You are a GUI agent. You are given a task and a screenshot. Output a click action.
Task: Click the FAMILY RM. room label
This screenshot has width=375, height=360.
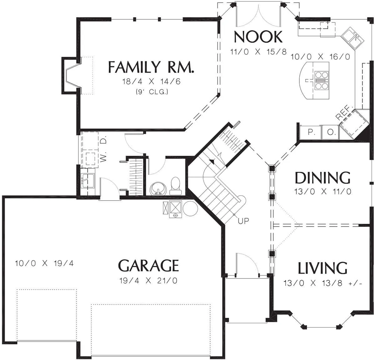[x=151, y=67]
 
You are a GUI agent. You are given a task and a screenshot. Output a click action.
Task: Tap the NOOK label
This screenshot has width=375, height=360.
[x=258, y=37]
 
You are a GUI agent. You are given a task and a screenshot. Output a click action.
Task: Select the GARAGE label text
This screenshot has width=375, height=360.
[x=148, y=265]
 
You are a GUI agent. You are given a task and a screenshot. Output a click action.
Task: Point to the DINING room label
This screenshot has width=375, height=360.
[x=322, y=178]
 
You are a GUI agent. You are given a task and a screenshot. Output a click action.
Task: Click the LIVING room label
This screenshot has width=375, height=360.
[x=322, y=268]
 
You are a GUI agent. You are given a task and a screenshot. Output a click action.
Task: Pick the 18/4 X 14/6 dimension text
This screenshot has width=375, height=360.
[x=151, y=82]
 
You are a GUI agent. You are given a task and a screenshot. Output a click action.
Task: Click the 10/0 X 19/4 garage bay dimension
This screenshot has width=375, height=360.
[x=44, y=263]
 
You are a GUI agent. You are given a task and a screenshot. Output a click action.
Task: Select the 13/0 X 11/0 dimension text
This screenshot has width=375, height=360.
[x=322, y=192]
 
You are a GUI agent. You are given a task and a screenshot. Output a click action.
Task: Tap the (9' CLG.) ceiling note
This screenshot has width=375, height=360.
[x=152, y=92]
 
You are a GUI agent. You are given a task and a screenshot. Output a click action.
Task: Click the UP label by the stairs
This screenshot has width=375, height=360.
[x=243, y=221]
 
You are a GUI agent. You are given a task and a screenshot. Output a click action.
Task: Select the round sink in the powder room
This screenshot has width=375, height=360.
[x=158, y=188]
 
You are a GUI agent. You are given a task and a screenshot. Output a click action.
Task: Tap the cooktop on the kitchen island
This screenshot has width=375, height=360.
[x=322, y=80]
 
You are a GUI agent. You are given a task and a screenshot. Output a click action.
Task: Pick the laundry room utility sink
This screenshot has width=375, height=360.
[x=88, y=180]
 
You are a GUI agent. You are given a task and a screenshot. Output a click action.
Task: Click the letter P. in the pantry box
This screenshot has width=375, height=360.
[x=310, y=132]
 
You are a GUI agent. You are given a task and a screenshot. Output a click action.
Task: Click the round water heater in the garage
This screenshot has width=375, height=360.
[x=190, y=208]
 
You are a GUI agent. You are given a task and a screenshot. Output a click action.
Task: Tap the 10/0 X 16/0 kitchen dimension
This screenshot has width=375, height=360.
[x=320, y=57]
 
